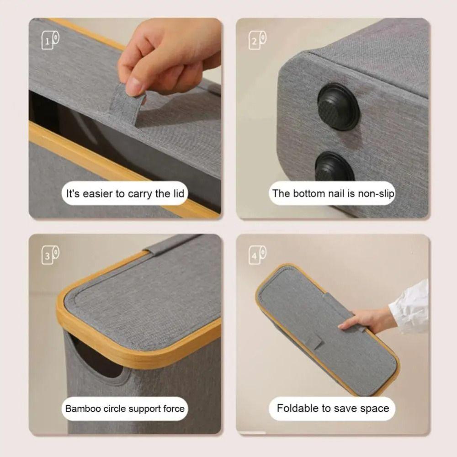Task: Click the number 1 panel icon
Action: click(50, 40)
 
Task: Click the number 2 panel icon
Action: click(257, 40)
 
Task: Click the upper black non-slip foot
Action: click(338, 106)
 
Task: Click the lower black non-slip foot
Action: click(335, 167)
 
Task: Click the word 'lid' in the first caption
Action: click(178, 193)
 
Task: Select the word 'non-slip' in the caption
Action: click(376, 193)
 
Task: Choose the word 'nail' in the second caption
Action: click(335, 193)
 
